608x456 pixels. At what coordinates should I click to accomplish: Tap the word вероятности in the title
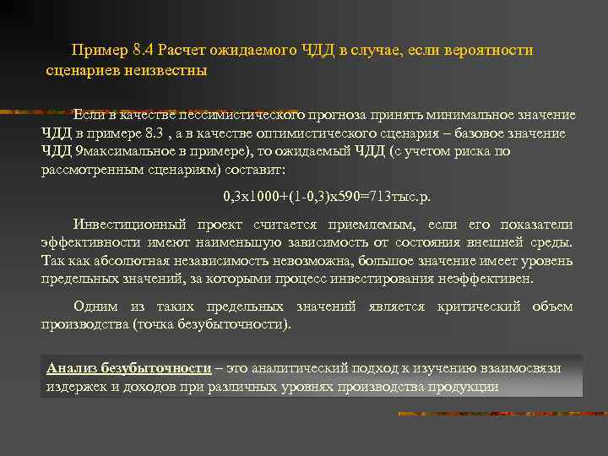click(491, 51)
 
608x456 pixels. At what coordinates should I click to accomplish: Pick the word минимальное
click(480, 115)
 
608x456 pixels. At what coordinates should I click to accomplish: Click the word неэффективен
click(502, 280)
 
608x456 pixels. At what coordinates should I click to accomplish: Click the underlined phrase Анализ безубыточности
click(129, 369)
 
